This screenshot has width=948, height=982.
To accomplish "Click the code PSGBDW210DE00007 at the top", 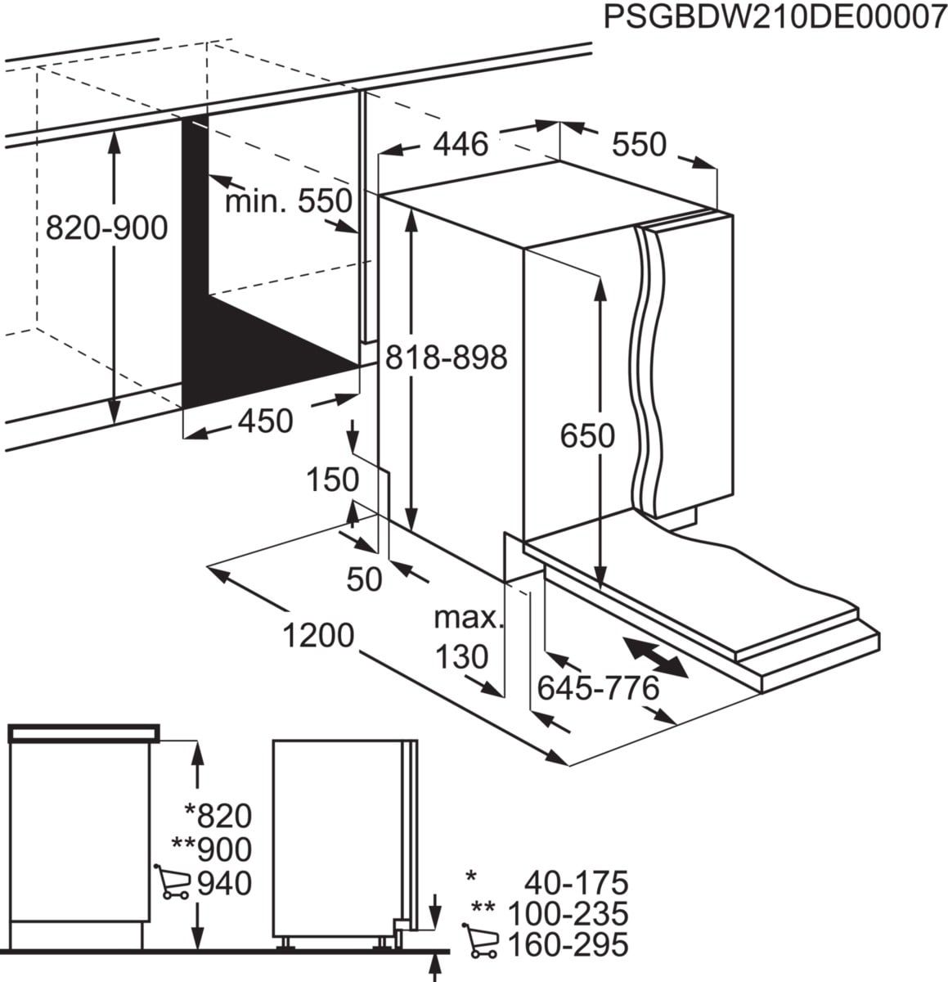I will tap(774, 17).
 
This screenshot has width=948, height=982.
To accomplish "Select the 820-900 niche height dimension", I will tap(106, 227).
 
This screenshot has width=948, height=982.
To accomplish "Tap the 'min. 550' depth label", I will tap(288, 200).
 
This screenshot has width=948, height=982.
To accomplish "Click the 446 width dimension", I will tap(460, 145).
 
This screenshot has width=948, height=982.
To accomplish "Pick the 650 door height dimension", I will tap(587, 435).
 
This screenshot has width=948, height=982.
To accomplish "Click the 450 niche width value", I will tap(264, 421).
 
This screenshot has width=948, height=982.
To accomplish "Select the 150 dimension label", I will tap(333, 480).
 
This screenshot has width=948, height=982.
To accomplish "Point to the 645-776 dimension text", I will tap(598, 689).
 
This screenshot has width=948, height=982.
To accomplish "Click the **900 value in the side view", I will tap(213, 849).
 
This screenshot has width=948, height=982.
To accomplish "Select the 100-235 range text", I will tap(568, 913).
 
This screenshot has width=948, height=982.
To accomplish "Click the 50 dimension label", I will tap(365, 579).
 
